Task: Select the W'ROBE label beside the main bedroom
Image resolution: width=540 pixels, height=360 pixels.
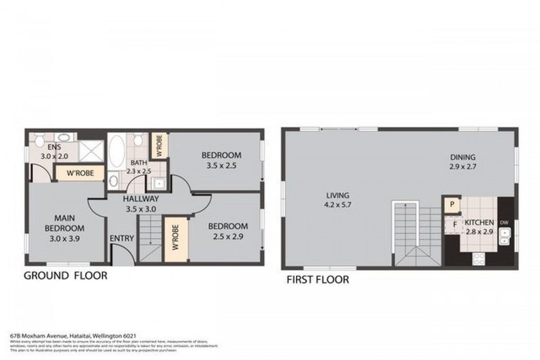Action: (80, 172)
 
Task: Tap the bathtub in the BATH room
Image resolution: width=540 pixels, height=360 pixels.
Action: (117, 150)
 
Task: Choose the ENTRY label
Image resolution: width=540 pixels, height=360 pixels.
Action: (122, 238)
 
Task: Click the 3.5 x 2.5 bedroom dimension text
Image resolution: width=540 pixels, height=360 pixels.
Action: (221, 166)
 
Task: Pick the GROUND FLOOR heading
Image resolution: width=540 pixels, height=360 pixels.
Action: (65, 276)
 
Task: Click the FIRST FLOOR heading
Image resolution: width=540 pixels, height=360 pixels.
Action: (317, 279)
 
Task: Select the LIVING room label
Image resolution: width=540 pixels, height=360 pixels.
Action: (337, 195)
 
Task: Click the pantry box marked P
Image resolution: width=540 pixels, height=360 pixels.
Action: (450, 204)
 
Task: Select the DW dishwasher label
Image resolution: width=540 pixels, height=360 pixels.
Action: (503, 224)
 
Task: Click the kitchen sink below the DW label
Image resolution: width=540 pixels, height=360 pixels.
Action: (504, 240)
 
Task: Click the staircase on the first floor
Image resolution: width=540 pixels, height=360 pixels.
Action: (409, 232)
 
